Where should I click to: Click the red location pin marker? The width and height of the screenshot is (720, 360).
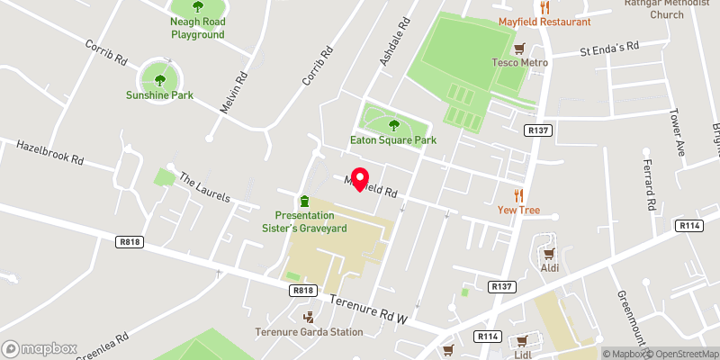[359, 179]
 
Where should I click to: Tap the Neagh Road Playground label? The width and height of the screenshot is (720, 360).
[198, 28]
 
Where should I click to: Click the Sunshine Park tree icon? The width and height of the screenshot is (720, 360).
[159, 74]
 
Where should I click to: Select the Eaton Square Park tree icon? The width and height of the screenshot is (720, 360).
[392, 124]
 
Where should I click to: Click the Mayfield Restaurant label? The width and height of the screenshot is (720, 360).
[545, 22]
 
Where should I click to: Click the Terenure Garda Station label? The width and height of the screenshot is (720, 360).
[310, 332]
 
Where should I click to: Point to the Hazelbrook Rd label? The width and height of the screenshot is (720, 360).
[49, 152]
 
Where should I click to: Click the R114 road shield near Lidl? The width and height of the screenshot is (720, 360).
[488, 336]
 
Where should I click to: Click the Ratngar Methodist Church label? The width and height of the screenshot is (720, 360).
[668, 8]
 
